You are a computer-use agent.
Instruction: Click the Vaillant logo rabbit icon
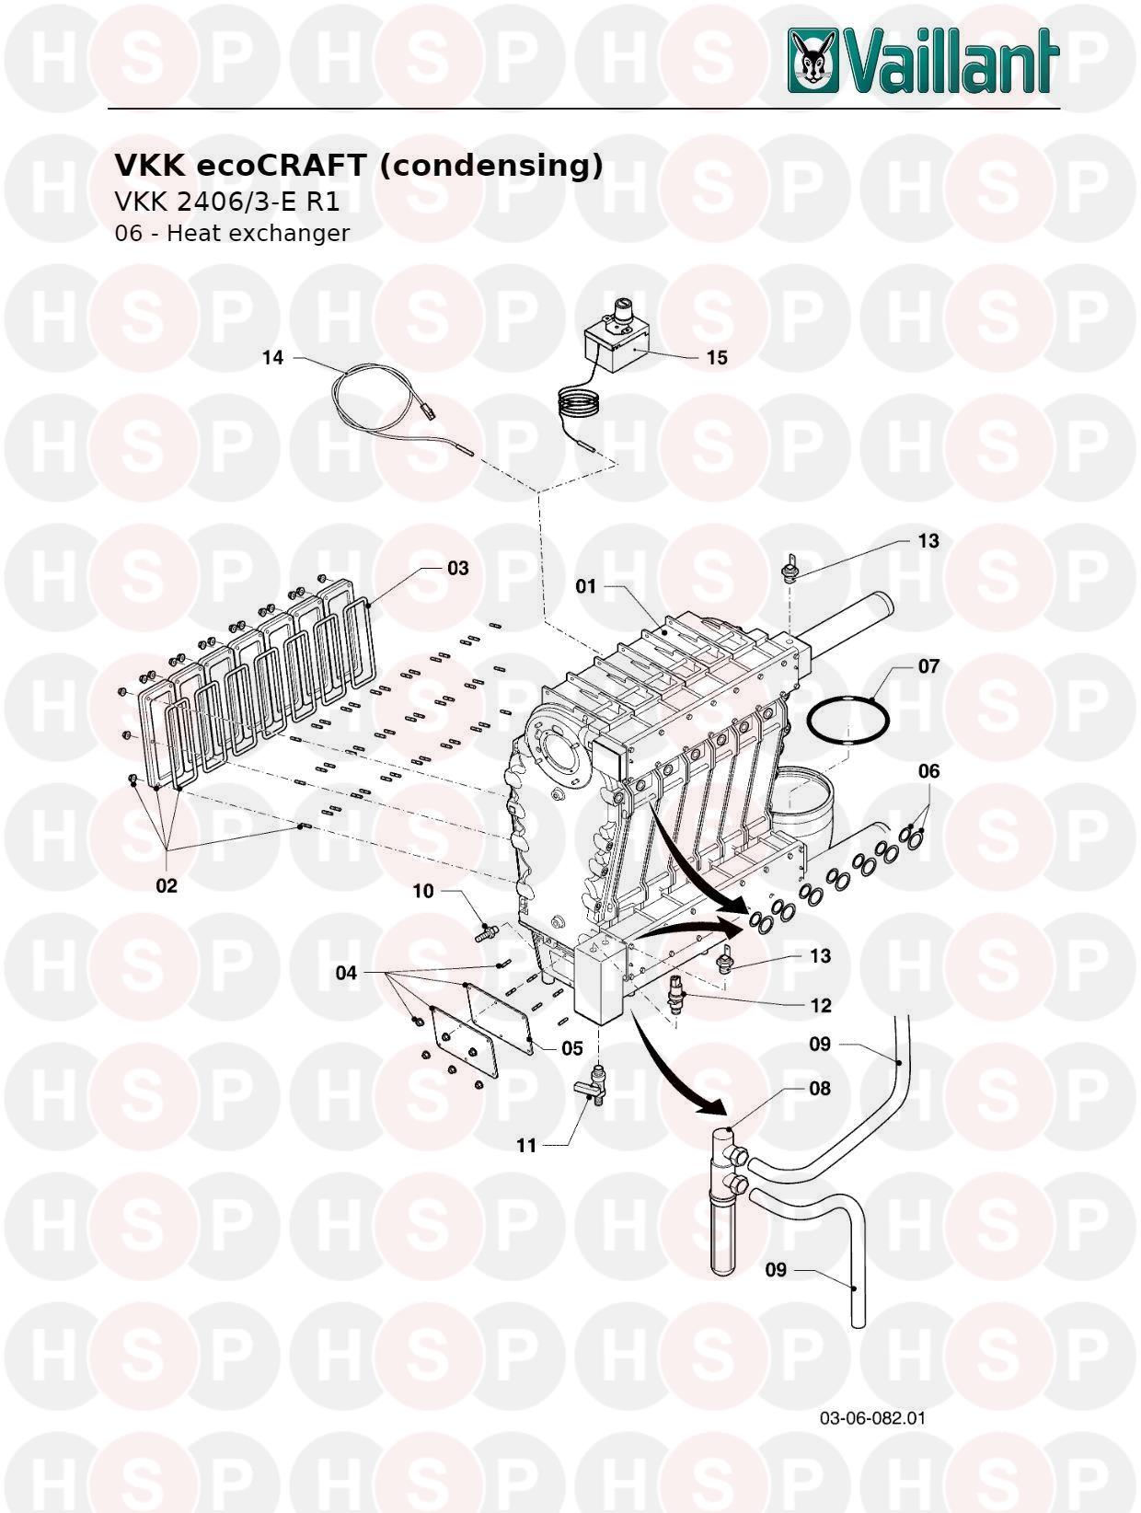(x=813, y=60)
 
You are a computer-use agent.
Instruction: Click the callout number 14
(x=273, y=357)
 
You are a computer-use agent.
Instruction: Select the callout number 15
(x=717, y=357)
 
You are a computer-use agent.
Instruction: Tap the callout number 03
(x=458, y=568)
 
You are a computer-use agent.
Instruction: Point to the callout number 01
(x=586, y=585)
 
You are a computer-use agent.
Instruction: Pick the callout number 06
(x=928, y=770)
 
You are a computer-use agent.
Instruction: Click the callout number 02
(x=167, y=886)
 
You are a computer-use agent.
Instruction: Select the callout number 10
(x=422, y=891)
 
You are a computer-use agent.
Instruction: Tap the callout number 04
(x=346, y=972)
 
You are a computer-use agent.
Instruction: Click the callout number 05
(x=572, y=1047)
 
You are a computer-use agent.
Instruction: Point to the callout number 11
(x=526, y=1146)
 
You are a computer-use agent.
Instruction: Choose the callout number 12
(x=820, y=1005)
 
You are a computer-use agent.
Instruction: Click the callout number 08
(x=820, y=1088)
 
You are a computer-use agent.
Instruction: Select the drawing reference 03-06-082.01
(x=872, y=1417)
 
